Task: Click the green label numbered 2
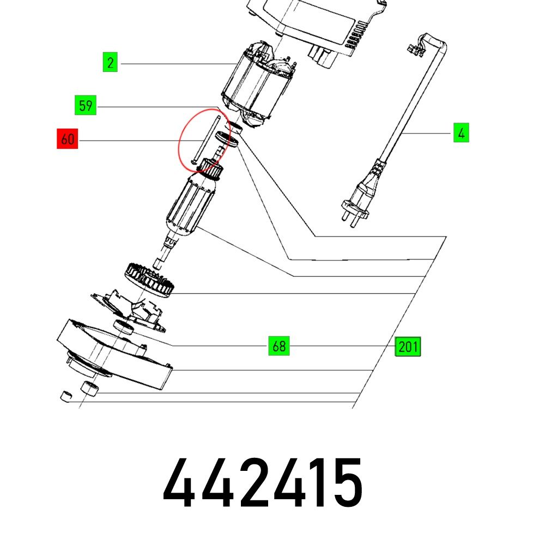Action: [x=110, y=62]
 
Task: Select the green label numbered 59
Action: [x=86, y=105]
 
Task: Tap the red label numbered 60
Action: [x=68, y=138]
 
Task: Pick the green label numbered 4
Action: [x=461, y=132]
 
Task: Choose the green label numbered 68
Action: [x=279, y=346]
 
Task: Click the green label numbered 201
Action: [x=408, y=347]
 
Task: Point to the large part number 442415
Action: [x=263, y=482]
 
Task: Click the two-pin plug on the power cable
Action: [x=356, y=206]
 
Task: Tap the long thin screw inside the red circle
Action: [x=206, y=140]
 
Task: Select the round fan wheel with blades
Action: [x=149, y=280]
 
